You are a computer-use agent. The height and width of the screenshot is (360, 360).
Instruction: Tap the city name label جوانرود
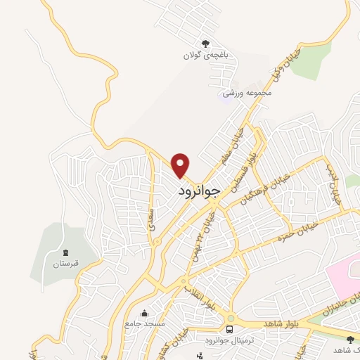pos(200,191)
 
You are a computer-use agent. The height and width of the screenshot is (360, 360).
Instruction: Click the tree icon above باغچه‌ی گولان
pos(205,44)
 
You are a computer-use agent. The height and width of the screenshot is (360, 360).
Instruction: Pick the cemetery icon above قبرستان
pos(66,252)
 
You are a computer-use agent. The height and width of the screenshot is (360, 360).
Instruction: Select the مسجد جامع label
pos(145,324)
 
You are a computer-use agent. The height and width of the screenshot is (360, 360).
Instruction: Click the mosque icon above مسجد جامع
pos(145,314)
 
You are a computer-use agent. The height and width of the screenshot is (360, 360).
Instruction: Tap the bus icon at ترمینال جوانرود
pos(229,328)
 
